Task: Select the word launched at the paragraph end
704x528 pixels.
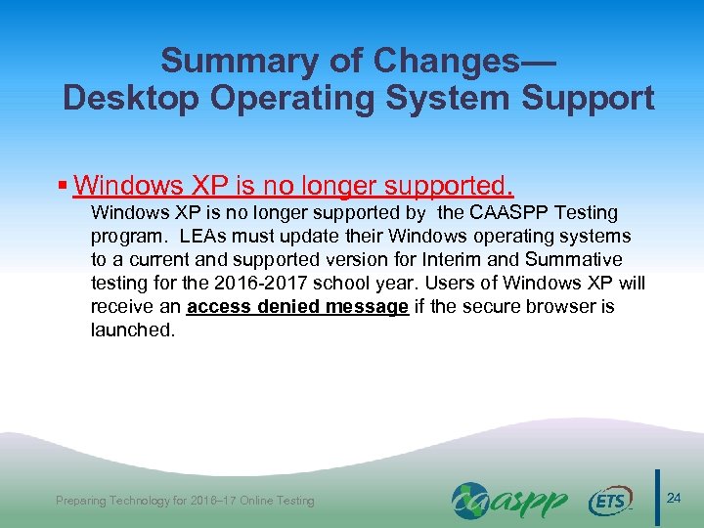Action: pyautogui.click(x=130, y=330)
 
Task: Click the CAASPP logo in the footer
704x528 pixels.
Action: pyautogui.click(x=508, y=500)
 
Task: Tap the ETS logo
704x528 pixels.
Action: pyautogui.click(x=610, y=501)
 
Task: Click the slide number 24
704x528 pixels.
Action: pyautogui.click(x=673, y=499)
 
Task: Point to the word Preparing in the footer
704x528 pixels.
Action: pyautogui.click(x=85, y=501)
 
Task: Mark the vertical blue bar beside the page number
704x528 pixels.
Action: pyautogui.click(x=656, y=499)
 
